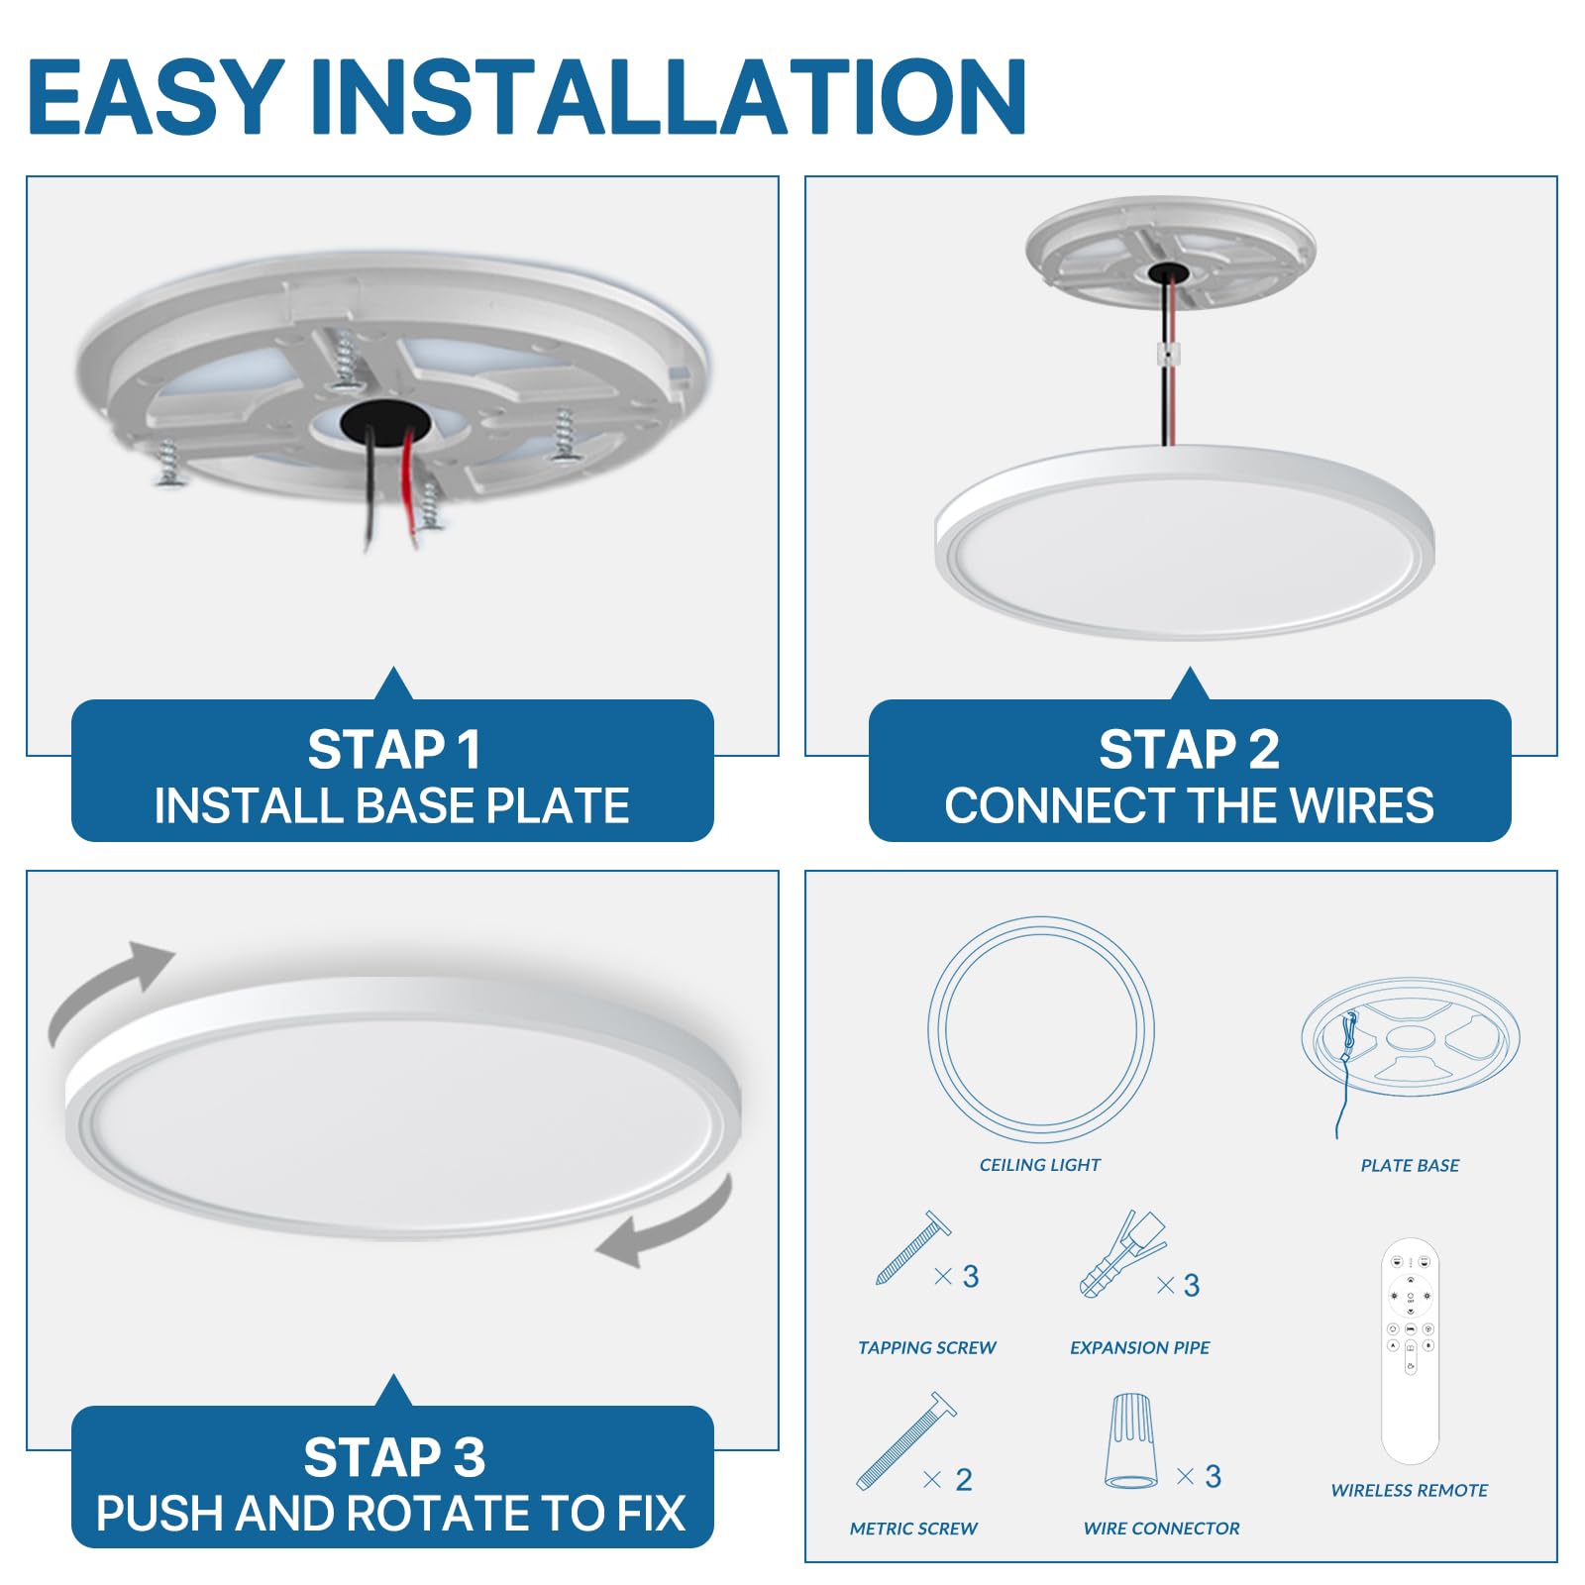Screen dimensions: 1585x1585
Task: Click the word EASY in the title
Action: coord(157,96)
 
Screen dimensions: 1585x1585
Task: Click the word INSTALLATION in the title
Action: coord(669,96)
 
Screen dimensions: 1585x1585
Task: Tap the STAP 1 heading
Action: coord(393,749)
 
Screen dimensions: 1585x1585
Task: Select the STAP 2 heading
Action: coord(1189,749)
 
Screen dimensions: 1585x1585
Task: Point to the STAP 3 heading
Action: coord(393,1456)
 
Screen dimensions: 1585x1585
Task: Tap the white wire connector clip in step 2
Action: coord(1170,354)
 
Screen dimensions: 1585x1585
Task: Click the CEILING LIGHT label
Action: coord(1040,1165)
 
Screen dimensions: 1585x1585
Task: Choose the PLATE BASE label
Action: coord(1410,1165)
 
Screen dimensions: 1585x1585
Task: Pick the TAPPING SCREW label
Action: coord(927,1347)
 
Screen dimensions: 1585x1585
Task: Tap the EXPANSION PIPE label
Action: coord(1140,1347)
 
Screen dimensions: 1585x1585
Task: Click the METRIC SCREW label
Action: coord(913,1529)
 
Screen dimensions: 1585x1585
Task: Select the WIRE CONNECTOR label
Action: coord(1161,1529)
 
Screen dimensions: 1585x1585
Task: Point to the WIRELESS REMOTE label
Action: coord(1410,1490)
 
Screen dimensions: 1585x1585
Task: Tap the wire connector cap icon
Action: coord(1130,1440)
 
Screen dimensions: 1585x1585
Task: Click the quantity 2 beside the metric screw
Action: coord(964,1479)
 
